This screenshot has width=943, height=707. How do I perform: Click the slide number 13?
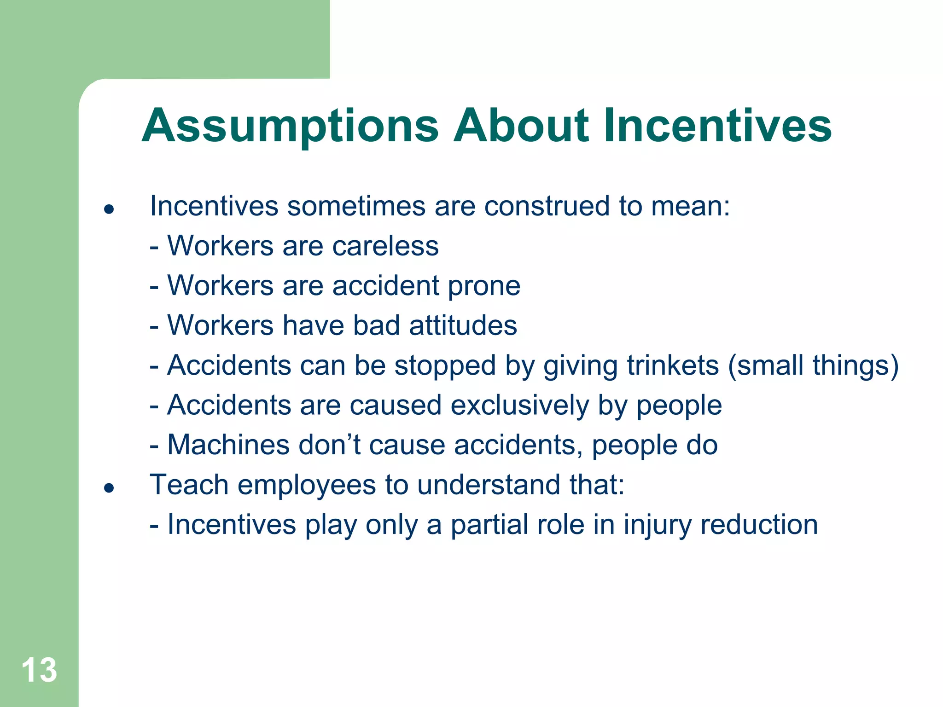click(x=39, y=670)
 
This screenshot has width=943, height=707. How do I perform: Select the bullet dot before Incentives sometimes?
click(x=109, y=210)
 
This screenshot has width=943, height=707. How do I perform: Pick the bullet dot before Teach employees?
click(x=109, y=488)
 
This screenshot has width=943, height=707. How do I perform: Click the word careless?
click(x=385, y=246)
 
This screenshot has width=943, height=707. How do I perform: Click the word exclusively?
click(x=520, y=406)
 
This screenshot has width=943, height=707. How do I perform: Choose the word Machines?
click(x=228, y=445)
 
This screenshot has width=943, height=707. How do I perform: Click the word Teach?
click(x=189, y=485)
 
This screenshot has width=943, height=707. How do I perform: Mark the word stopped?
click(x=445, y=366)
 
